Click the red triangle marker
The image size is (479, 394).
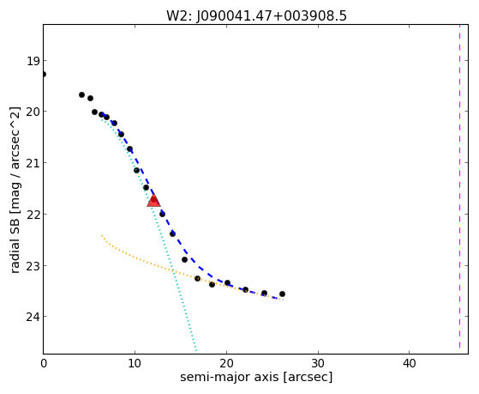(x=153, y=200)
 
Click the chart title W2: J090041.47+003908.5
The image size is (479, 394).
(x=256, y=15)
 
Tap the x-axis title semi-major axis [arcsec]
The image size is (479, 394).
(x=256, y=377)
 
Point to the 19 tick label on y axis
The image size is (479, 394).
(x=33, y=61)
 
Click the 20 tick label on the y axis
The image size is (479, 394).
(x=33, y=112)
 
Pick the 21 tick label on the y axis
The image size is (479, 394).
(x=33, y=162)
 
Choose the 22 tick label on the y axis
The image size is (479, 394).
(x=33, y=214)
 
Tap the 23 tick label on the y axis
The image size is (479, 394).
(x=33, y=265)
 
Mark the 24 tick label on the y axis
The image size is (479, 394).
(x=33, y=317)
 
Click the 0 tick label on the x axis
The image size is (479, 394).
(x=44, y=363)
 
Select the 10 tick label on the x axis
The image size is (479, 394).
(x=135, y=363)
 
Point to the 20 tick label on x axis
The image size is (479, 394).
(x=226, y=363)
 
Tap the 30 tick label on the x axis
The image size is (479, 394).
(x=318, y=363)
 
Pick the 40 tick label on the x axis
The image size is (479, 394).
(x=410, y=363)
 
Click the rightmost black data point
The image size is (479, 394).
(x=282, y=294)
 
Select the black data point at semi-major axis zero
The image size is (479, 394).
(x=44, y=74)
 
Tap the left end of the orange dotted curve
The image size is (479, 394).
(x=102, y=235)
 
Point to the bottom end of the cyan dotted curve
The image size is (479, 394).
(x=196, y=350)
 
